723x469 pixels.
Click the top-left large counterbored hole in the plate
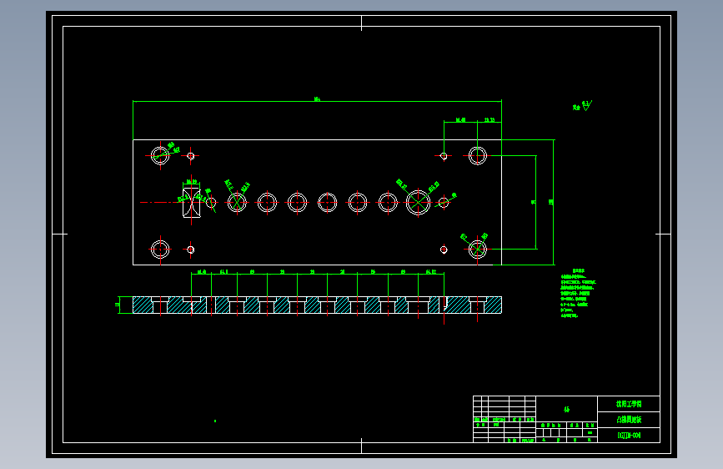(160, 154)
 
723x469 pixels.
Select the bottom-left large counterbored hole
(160, 249)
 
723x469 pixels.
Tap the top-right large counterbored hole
(478, 155)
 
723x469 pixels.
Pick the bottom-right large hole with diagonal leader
(478, 249)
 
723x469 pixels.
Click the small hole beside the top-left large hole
(191, 155)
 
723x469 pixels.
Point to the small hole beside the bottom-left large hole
(191, 249)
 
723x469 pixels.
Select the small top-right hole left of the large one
(444, 155)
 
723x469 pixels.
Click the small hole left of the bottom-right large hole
(444, 249)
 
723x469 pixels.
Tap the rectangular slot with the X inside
(191, 202)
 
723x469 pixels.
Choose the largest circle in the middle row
(417, 202)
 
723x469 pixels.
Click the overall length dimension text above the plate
(317, 99)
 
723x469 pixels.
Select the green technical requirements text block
(576, 293)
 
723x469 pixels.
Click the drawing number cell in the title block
(628, 436)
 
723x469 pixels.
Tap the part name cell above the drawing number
(628, 420)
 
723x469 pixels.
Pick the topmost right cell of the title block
(628, 404)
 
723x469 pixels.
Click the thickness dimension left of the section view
(118, 305)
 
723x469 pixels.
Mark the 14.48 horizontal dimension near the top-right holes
(459, 120)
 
